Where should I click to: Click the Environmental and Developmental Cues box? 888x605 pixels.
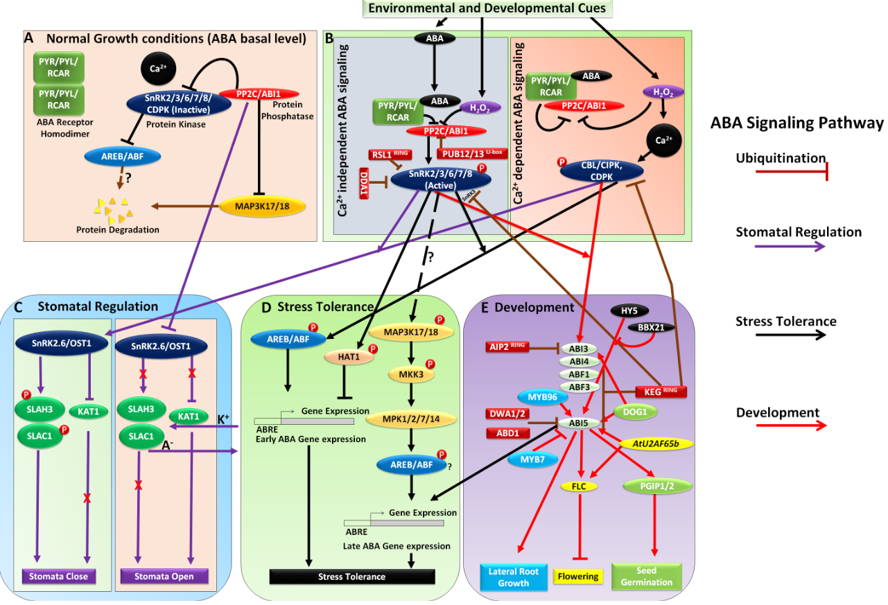(x=487, y=8)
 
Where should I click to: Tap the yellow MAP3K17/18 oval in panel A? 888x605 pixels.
(x=254, y=206)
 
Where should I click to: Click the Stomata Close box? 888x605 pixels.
(x=59, y=576)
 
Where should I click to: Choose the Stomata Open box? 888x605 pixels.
(x=164, y=576)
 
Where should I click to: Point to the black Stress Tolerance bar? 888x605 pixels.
(x=351, y=577)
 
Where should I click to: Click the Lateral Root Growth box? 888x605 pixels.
(x=513, y=577)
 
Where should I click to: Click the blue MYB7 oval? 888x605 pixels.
(x=534, y=459)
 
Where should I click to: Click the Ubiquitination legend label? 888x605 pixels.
(x=781, y=158)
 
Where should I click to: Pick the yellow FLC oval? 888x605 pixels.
(x=579, y=486)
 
